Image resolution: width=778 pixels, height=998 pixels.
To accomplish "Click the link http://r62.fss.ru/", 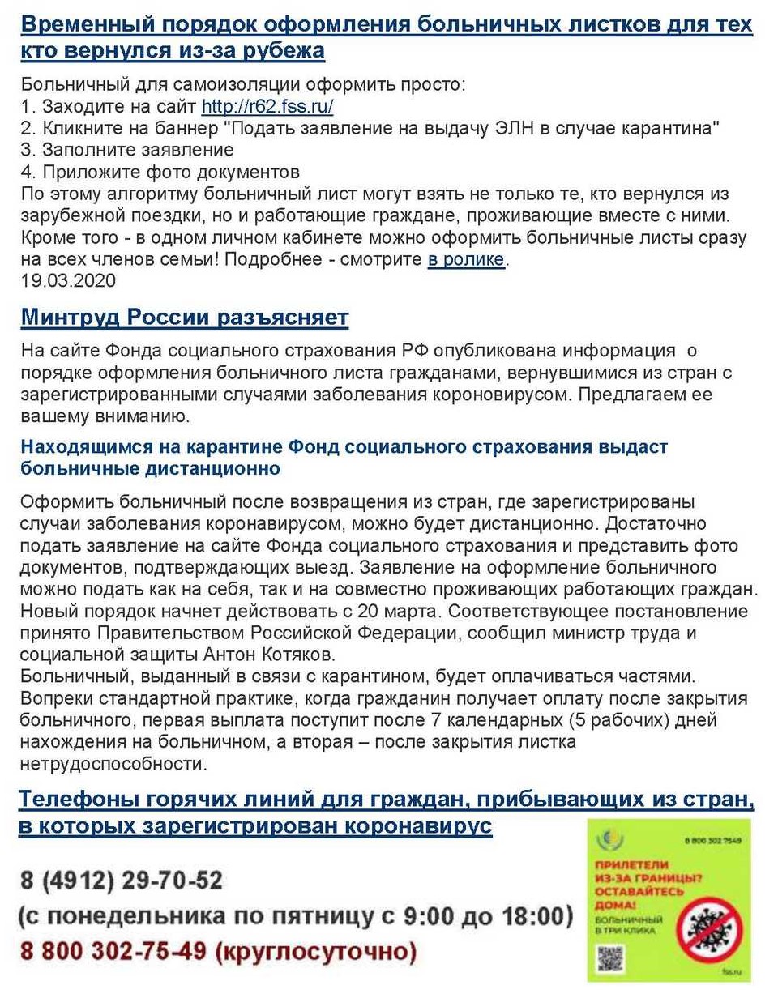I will (267, 106).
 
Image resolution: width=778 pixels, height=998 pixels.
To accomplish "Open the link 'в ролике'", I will (466, 260).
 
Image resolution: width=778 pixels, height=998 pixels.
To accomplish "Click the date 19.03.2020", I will (69, 281).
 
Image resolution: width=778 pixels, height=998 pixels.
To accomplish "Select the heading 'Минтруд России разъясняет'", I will (185, 318).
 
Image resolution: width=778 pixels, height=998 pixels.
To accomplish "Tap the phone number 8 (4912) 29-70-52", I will (122, 880).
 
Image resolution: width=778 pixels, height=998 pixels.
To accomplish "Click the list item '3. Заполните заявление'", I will (127, 150).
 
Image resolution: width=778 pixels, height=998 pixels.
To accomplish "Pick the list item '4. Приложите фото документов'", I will (160, 172).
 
